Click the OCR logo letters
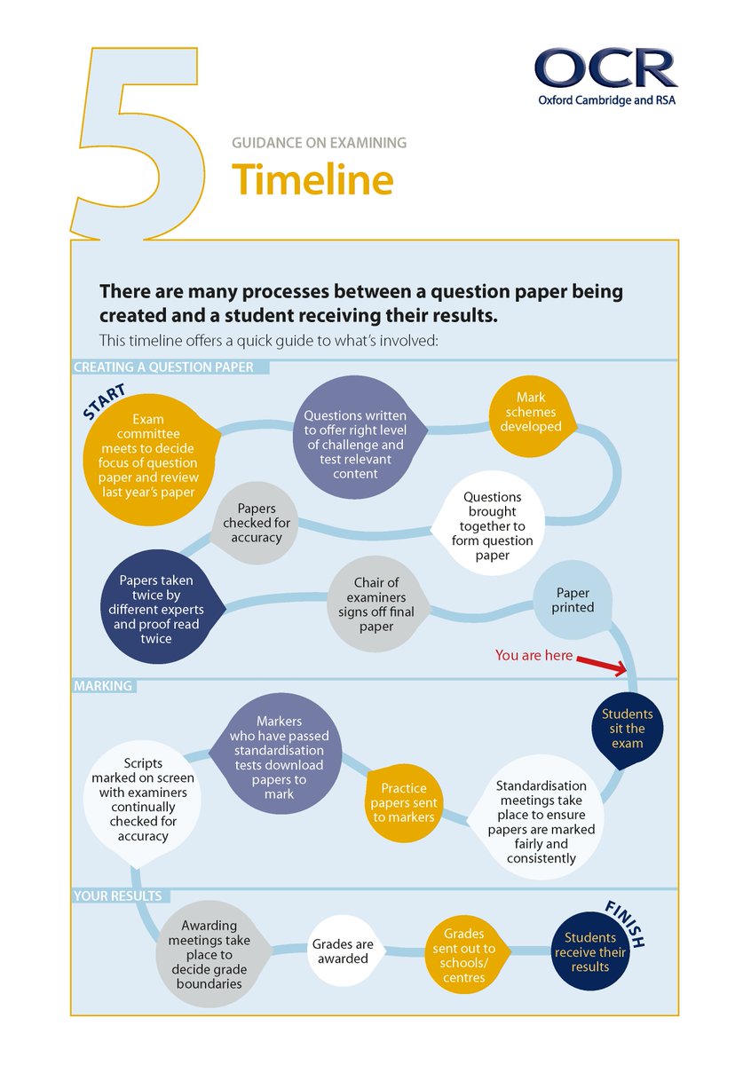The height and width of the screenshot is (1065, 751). click(x=605, y=68)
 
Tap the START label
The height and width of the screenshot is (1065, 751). click(x=104, y=400)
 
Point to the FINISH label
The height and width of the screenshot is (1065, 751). click(x=625, y=923)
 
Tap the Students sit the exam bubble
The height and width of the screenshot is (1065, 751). click(x=627, y=729)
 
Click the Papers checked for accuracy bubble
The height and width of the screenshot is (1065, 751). click(x=257, y=524)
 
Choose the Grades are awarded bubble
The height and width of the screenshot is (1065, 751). click(x=342, y=951)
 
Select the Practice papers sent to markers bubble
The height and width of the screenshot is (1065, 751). click(x=404, y=802)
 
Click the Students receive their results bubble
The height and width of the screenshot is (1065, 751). click(x=590, y=951)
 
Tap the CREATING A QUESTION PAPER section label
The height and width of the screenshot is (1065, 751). click(x=163, y=367)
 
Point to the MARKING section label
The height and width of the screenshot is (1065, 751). click(x=103, y=686)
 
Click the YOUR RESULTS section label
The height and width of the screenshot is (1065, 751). click(x=117, y=896)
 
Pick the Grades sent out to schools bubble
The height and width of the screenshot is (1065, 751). click(x=464, y=956)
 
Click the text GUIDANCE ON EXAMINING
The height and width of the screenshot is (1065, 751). click(x=319, y=142)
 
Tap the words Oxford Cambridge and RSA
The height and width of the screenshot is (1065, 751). click(x=606, y=99)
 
